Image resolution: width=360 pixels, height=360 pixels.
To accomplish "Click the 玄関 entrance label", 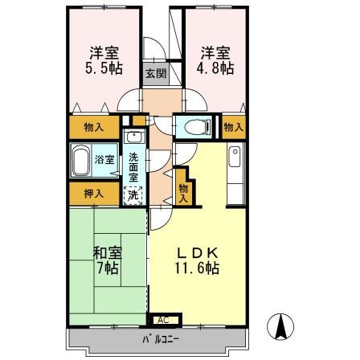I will click(156, 72).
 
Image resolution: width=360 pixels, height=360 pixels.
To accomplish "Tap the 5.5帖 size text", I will click(105, 68).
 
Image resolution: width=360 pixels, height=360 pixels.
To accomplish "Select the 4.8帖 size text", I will click(217, 68).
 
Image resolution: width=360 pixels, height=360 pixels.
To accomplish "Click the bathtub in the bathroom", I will click(81, 161).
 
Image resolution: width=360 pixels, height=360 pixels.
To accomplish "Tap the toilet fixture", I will click(195, 126).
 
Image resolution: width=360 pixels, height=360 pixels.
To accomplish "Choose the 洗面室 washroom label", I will click(134, 165).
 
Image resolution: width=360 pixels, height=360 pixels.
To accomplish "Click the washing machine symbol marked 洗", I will click(132, 193).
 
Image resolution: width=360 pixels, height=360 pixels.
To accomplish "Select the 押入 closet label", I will click(93, 193).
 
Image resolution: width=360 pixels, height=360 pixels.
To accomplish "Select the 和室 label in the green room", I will click(105, 252).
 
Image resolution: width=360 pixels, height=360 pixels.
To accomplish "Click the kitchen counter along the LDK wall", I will click(235, 172).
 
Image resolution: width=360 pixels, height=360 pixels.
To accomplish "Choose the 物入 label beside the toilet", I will click(233, 126).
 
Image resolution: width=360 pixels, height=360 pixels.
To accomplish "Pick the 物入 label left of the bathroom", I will click(93, 126).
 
